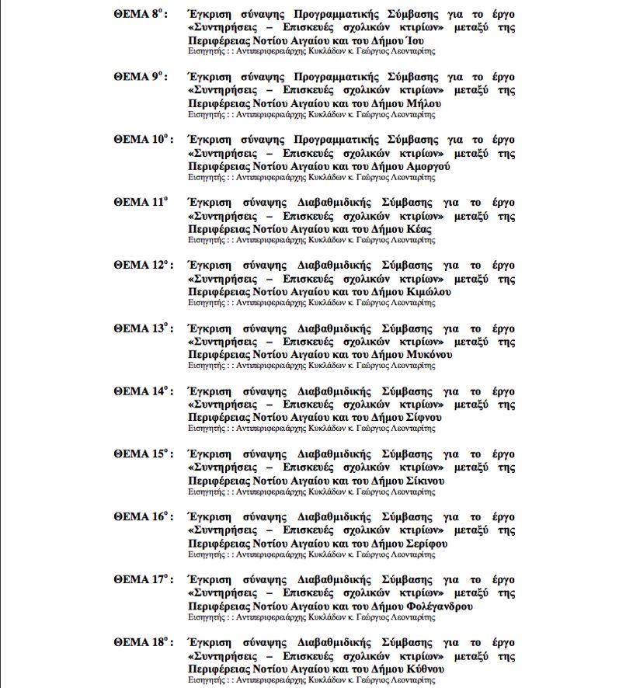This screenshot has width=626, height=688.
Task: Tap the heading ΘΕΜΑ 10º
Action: point(142,140)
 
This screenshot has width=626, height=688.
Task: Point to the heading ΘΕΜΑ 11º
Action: point(141,203)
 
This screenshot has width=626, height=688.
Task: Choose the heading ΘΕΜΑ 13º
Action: point(142,328)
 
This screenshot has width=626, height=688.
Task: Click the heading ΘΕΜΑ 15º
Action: point(142,454)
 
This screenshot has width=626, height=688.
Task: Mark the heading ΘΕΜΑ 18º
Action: point(142,643)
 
